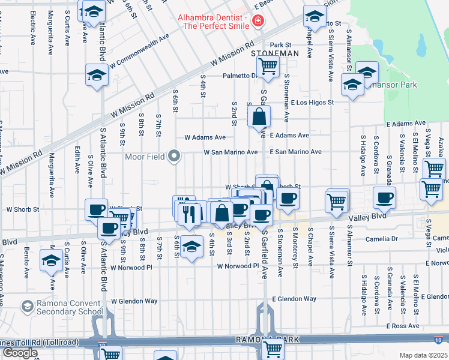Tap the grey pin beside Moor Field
coord(175,157)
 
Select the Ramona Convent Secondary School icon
coord(26,306)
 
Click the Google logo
coord(20,353)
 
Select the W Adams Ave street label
coord(205,137)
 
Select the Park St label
coord(280,45)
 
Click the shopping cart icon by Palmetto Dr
coord(268,65)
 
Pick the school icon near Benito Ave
coord(50,260)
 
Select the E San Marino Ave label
coord(295,152)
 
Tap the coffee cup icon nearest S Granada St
coord(384,197)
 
